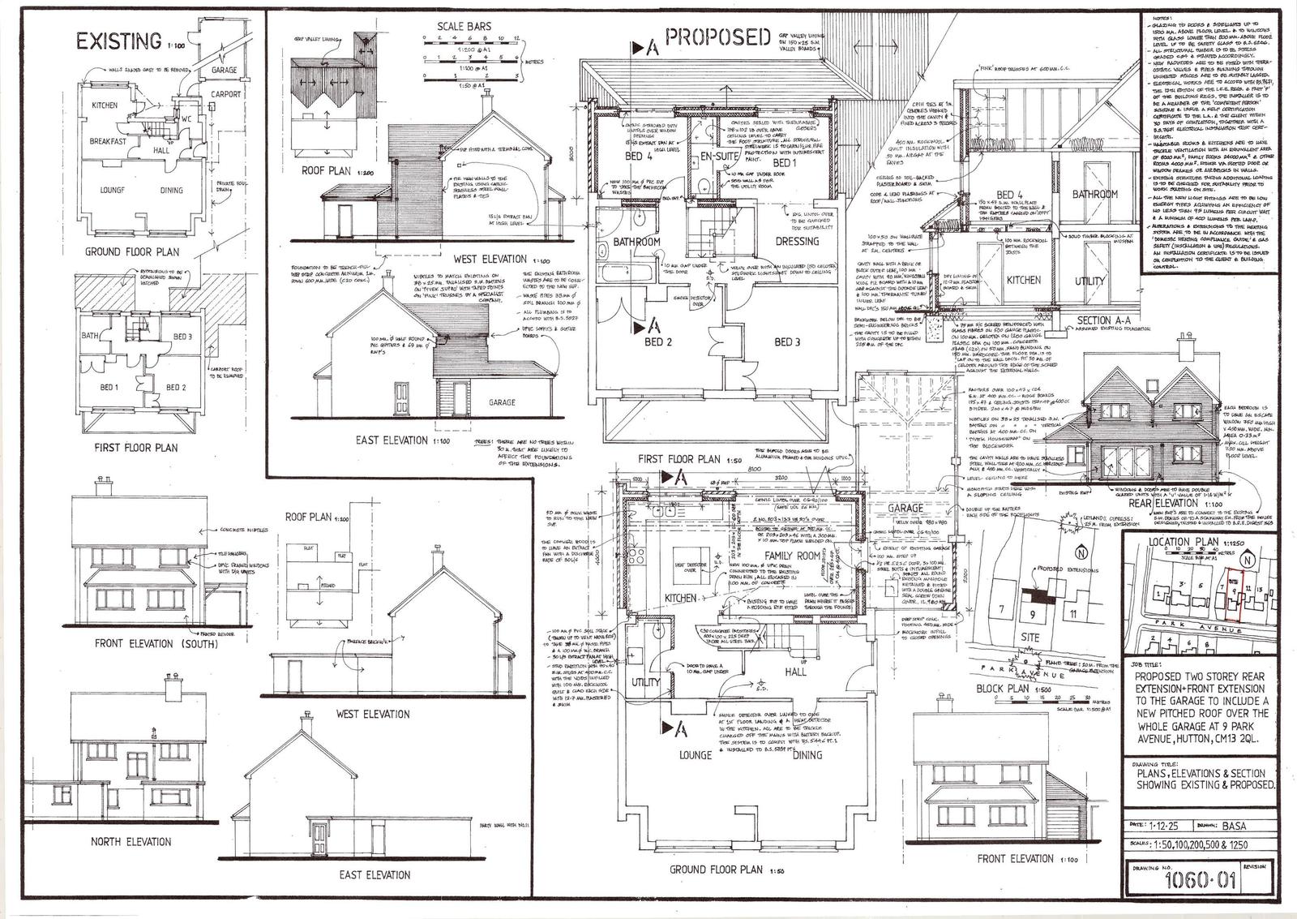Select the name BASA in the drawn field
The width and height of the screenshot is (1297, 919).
1236,827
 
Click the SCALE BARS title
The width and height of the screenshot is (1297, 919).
464,27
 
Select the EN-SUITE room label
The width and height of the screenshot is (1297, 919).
716,156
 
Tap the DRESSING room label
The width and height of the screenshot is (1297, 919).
797,241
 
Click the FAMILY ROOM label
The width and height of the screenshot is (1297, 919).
791,556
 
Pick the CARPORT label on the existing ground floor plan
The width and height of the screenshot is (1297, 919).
228,94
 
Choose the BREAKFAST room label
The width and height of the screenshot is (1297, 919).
109,141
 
